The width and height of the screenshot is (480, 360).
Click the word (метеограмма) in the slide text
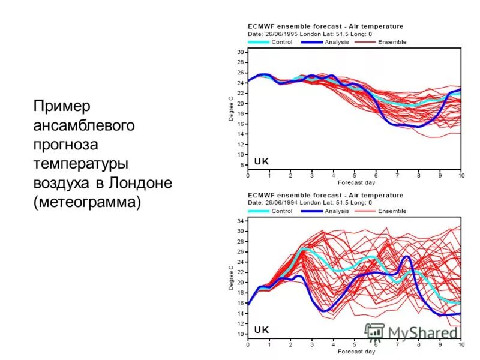coord(88,202)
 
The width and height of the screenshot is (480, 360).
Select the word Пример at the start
coord(62,106)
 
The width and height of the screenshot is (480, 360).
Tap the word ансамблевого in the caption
coord(84,125)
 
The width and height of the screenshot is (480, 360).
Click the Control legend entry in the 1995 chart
coord(281,42)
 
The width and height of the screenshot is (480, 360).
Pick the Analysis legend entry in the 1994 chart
coord(337,211)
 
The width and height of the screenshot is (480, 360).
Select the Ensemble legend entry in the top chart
coord(392,42)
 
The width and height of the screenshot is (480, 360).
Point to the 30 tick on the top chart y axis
coord(240,53)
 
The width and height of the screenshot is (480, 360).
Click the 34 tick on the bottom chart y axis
coord(240,221)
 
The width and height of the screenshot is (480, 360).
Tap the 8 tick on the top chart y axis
coord(241,164)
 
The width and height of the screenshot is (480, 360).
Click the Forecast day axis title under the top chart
coord(356,182)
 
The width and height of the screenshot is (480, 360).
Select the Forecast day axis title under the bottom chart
coord(356,352)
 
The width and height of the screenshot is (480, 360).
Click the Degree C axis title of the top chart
coord(231,109)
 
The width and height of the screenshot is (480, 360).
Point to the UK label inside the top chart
coord(262,161)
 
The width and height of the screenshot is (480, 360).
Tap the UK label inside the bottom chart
coord(262,329)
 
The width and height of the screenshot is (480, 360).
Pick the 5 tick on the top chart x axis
coord(355,175)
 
